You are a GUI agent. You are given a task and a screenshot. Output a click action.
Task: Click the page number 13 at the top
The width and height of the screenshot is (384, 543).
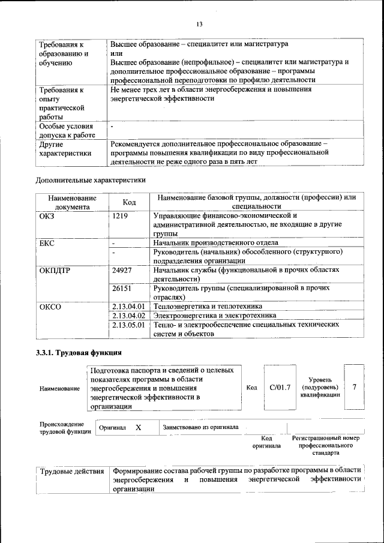coord(199,24)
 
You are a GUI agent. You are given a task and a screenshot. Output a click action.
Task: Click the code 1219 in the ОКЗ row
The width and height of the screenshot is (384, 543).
coord(120,215)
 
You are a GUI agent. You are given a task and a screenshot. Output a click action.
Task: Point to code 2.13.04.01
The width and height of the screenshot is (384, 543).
coord(129,306)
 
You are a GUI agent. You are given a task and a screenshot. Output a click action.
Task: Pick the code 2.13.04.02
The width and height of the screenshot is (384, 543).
coord(129,315)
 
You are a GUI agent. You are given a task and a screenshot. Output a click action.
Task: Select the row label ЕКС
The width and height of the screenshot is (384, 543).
coord(47,243)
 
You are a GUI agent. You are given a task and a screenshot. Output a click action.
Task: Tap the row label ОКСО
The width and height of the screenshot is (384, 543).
coord(50,307)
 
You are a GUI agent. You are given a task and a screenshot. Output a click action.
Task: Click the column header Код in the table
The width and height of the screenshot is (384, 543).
coord(129,202)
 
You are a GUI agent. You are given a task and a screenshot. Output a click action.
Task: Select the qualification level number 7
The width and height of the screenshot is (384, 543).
coord(355,387)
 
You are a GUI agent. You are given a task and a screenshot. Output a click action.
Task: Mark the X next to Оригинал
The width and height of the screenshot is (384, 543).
coord(139,427)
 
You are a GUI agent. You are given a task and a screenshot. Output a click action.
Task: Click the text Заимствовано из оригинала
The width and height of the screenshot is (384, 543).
coord(200,427)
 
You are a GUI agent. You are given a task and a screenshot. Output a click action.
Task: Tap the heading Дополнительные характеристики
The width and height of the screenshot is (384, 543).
coord(91,179)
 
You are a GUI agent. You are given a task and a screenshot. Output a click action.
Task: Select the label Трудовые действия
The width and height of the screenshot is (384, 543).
coord(71,470)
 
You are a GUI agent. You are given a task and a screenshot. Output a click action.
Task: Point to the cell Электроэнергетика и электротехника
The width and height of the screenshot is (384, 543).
coord(215,315)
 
